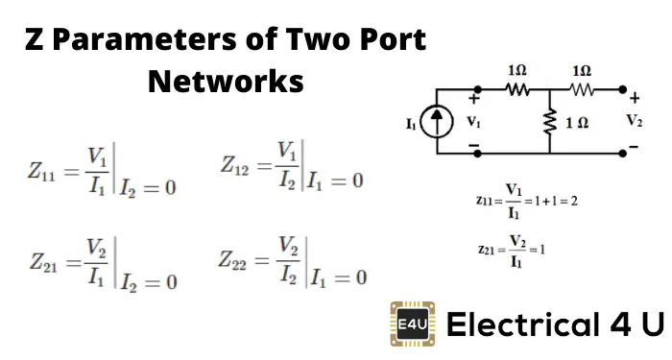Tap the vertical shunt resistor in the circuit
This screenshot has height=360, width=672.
[550, 122]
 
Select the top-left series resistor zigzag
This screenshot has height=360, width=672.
[519, 90]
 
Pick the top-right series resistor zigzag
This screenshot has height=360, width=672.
[583, 90]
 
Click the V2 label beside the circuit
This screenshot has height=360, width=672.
[634, 121]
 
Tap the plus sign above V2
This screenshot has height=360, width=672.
[634, 97]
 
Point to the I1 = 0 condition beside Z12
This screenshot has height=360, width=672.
[336, 180]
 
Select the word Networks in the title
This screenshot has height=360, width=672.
[226, 82]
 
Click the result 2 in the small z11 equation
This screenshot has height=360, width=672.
[572, 202]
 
